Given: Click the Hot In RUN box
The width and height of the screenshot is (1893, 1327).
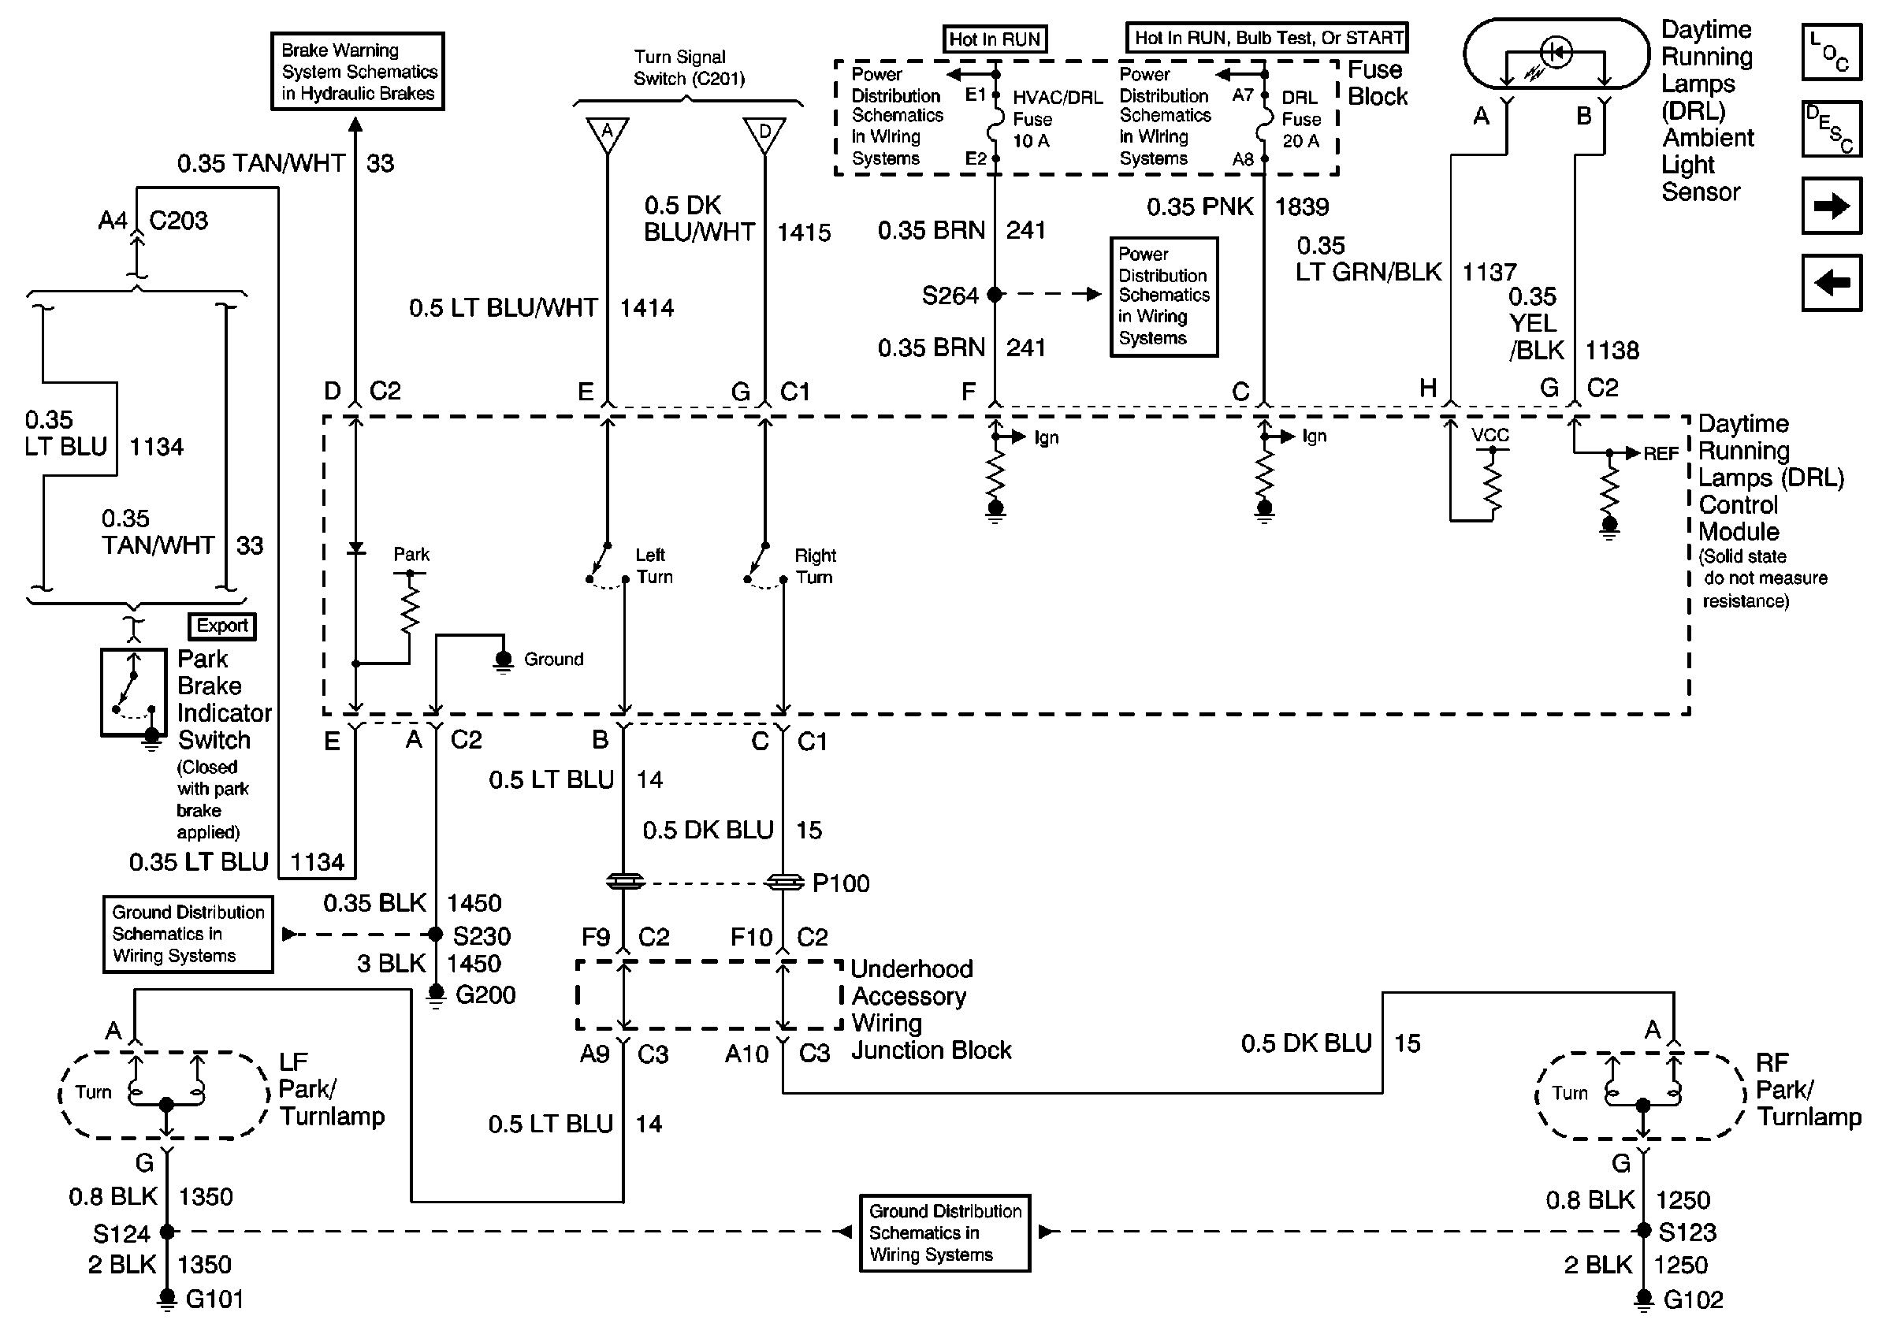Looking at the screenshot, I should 995,39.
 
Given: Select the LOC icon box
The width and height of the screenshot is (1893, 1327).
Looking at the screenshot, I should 1832,53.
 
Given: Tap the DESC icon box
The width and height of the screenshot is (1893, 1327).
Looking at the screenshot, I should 1832,129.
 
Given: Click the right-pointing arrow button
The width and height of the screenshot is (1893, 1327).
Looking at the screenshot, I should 1832,206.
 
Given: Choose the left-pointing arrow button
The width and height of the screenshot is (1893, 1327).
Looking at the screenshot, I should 1832,283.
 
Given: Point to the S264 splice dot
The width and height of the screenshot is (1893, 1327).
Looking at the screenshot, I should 995,294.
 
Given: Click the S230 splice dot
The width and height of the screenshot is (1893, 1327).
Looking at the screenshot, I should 435,934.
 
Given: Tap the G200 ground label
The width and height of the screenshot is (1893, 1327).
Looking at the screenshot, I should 485,994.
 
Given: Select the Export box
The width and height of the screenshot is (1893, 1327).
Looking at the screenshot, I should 221,626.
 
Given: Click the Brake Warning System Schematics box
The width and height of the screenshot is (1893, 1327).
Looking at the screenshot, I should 358,72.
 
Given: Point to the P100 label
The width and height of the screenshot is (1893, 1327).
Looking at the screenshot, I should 840,883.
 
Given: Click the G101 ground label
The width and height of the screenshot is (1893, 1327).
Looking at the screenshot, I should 214,1299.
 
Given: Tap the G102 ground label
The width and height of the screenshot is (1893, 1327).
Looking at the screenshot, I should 1693,1299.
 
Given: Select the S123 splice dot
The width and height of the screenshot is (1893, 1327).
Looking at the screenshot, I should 1643,1231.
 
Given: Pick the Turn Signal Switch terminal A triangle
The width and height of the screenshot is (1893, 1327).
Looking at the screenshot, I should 608,133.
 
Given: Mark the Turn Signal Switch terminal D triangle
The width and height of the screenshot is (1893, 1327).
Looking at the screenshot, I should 764,133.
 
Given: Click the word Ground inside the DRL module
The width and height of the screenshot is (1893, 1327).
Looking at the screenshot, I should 553,660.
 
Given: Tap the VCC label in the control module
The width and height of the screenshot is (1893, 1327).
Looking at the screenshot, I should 1489,435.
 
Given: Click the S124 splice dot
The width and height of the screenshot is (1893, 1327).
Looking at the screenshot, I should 167,1232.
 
